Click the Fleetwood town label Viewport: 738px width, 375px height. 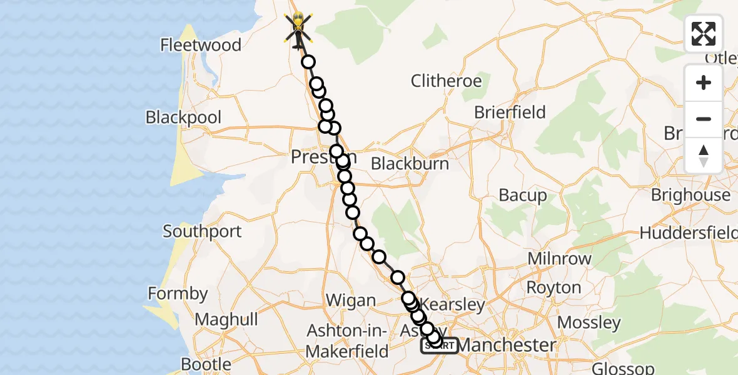pyautogui.click(x=201, y=45)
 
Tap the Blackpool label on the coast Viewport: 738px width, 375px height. pyautogui.click(x=183, y=117)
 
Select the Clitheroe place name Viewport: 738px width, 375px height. pyautogui.click(x=446, y=81)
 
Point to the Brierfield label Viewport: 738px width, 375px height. pyautogui.click(x=510, y=112)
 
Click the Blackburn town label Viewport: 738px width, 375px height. pyautogui.click(x=410, y=164)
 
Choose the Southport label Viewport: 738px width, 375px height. pyautogui.click(x=202, y=231)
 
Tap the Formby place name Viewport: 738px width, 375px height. pyautogui.click(x=178, y=293)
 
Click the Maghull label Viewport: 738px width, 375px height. pyautogui.click(x=226, y=320)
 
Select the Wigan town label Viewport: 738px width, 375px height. pyautogui.click(x=351, y=301)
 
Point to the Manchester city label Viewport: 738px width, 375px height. pyautogui.click(x=507, y=345)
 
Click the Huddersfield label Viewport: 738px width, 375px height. pyautogui.click(x=688, y=233)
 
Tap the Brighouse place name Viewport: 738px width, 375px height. pyautogui.click(x=690, y=195)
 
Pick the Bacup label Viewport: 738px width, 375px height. pyautogui.click(x=523, y=196)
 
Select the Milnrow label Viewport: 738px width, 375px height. pyautogui.click(x=559, y=259)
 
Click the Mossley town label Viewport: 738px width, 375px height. pyautogui.click(x=589, y=322)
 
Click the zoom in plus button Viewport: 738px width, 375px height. pyautogui.click(x=704, y=82)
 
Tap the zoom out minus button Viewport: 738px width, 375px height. pyautogui.click(x=704, y=119)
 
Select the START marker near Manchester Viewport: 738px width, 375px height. pyautogui.click(x=439, y=346)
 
